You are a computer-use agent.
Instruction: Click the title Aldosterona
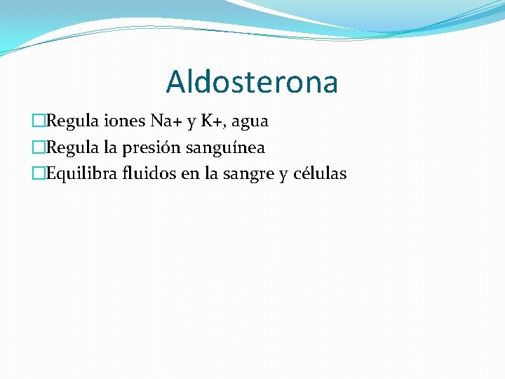point(252,82)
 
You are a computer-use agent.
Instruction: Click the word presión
point(154,149)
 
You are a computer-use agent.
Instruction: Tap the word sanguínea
point(226,149)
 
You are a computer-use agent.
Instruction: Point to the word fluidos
point(149,174)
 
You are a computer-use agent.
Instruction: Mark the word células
point(318,174)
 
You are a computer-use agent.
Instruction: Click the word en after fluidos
point(190,175)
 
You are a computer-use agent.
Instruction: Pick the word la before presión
point(114,148)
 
